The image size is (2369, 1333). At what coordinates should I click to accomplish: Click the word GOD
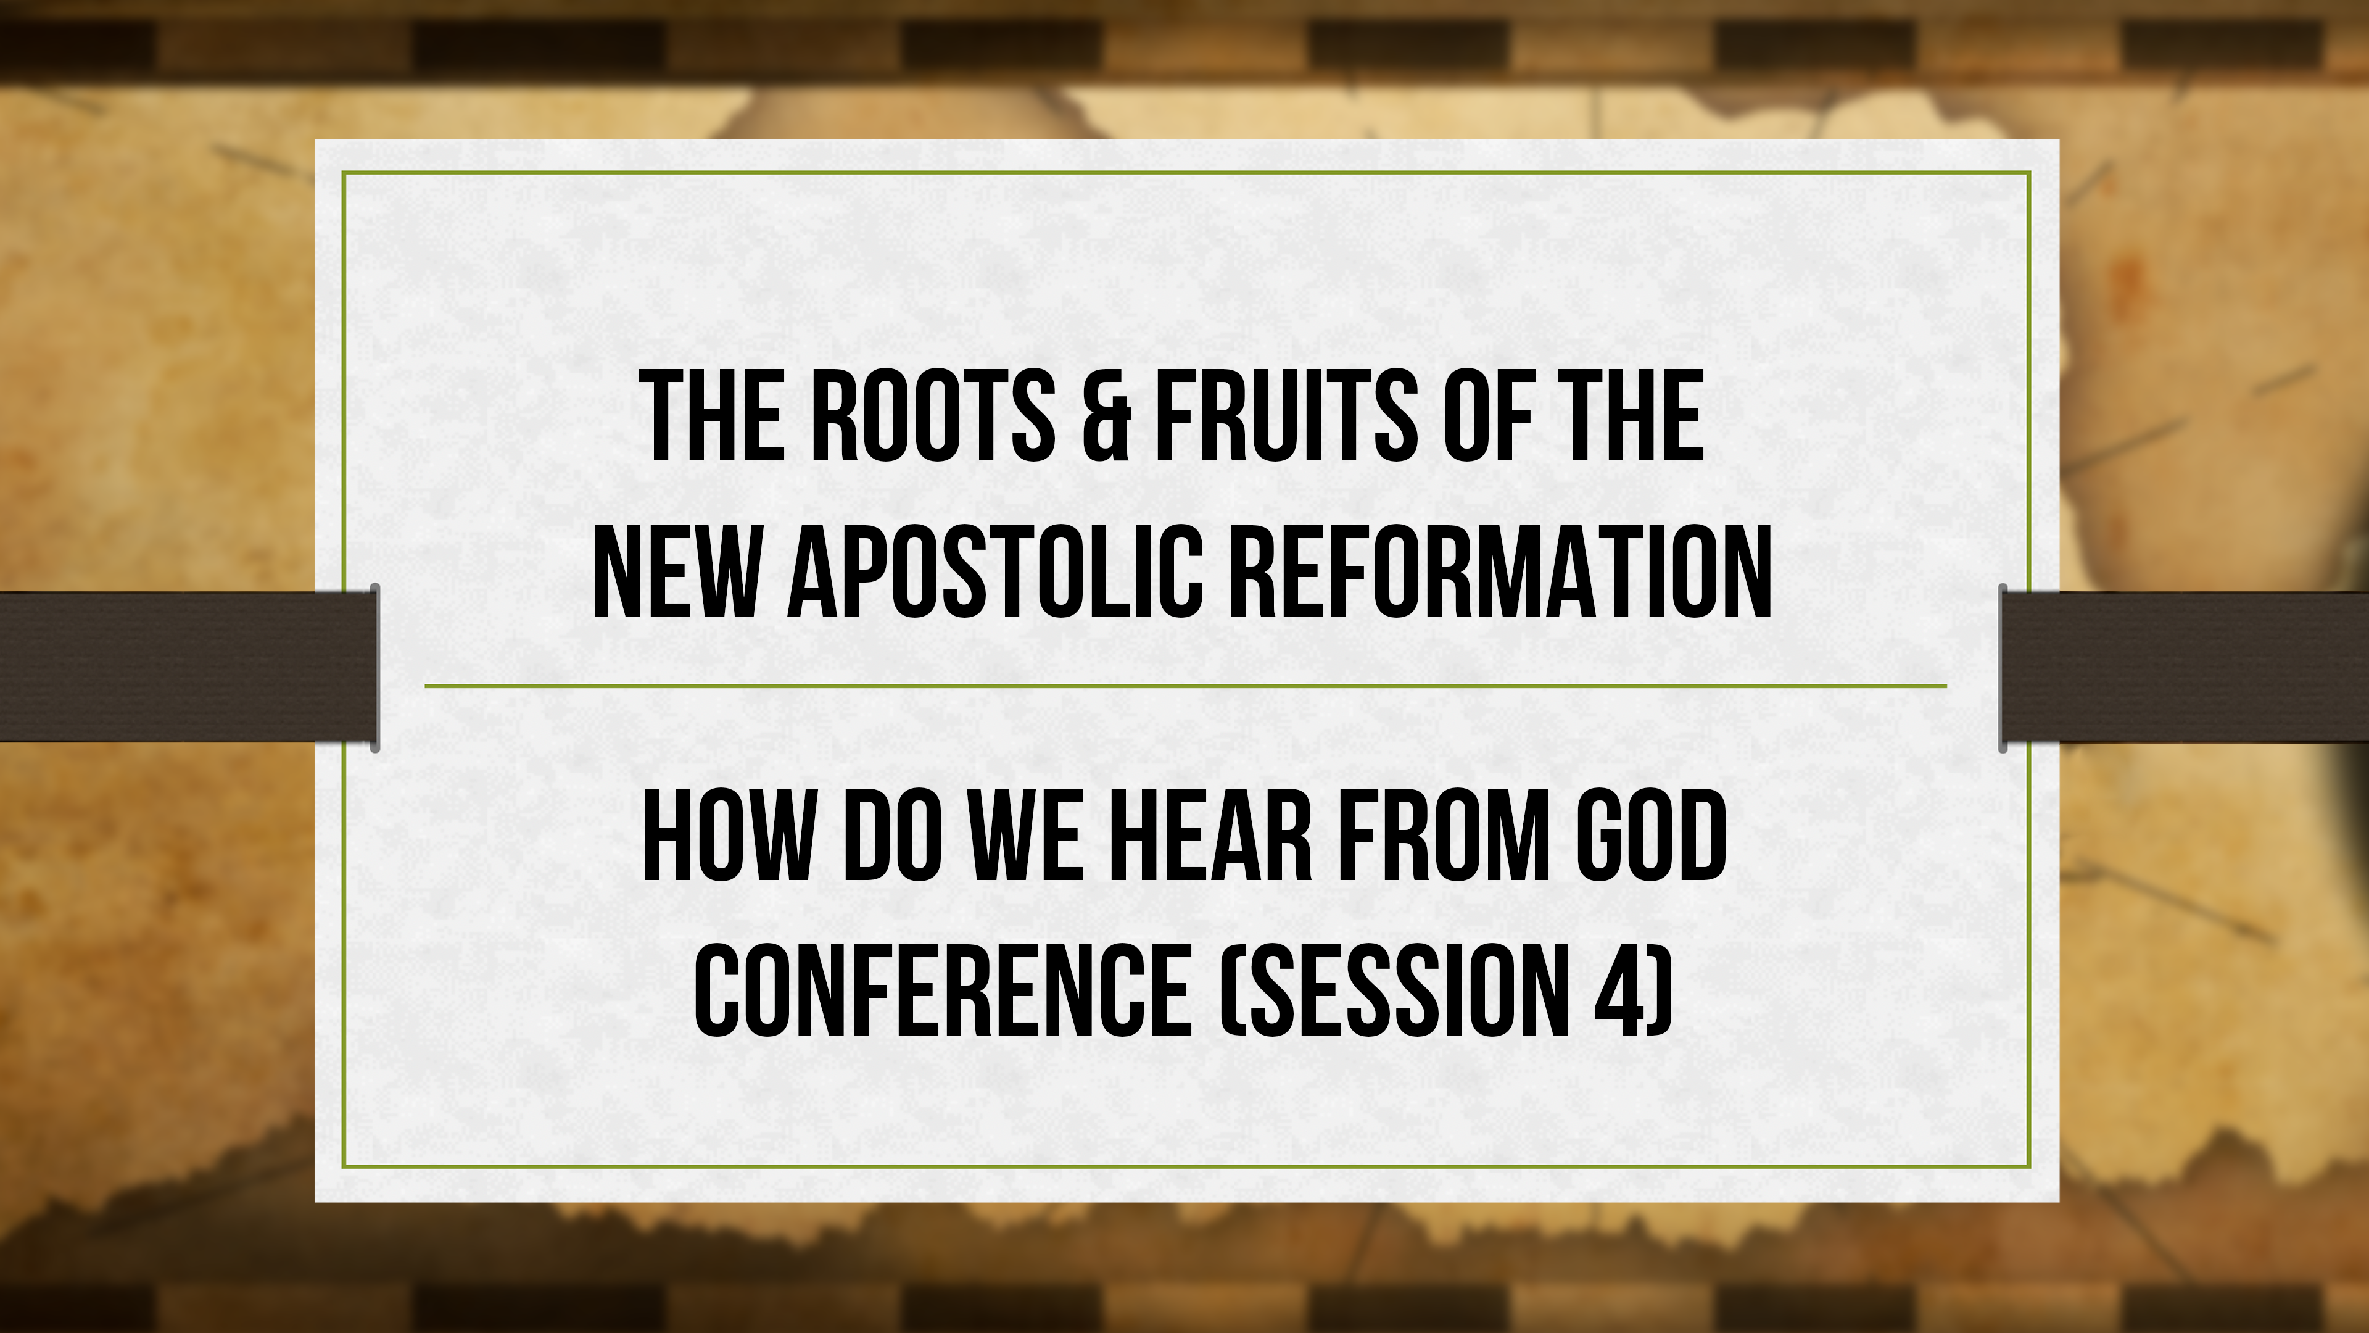tap(1651, 837)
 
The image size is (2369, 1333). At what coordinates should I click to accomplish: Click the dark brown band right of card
tap(2189, 666)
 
